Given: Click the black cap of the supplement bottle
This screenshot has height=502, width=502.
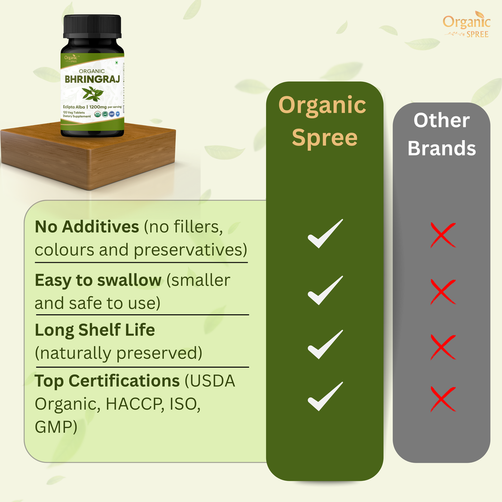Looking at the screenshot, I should [x=92, y=26].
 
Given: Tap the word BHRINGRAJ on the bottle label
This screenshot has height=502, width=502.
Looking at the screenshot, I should [x=92, y=79].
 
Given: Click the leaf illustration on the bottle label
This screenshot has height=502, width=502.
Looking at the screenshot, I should [x=92, y=93].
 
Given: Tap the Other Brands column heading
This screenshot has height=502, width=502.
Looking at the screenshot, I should [x=442, y=134].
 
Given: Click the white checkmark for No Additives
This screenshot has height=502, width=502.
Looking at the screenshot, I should [x=325, y=234].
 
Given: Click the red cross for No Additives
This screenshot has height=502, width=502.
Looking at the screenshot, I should [x=443, y=235].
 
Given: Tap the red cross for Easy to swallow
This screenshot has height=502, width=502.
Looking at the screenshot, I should [x=443, y=291].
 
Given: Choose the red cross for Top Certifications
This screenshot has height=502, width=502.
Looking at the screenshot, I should [x=443, y=399].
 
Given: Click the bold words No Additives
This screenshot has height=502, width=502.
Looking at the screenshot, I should [x=87, y=226].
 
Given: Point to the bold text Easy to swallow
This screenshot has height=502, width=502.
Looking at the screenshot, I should [x=98, y=280].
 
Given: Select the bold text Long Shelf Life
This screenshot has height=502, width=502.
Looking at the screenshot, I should [x=95, y=330].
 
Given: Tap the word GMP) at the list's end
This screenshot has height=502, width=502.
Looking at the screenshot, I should [x=56, y=427].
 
